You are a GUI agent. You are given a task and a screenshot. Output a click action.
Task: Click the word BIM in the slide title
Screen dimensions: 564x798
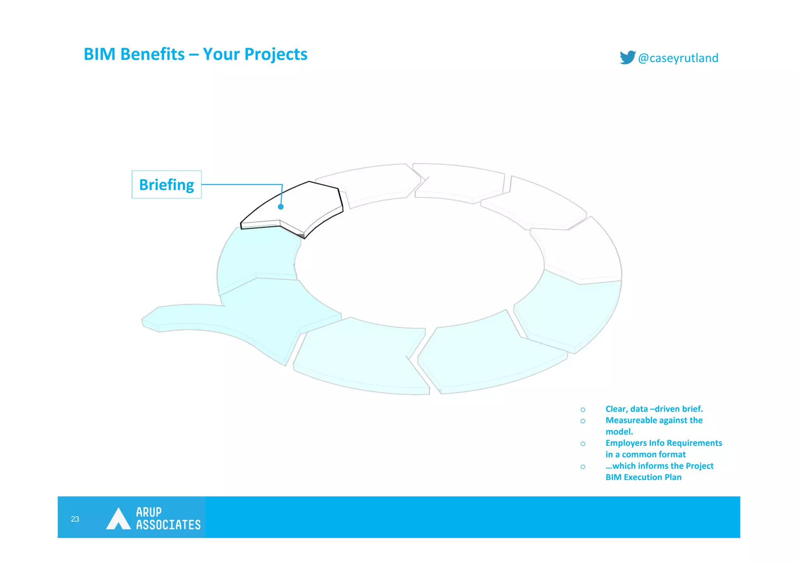(99, 54)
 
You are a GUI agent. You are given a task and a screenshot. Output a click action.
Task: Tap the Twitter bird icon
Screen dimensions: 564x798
(627, 57)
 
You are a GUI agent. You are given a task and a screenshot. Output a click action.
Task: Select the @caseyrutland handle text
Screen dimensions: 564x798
(678, 58)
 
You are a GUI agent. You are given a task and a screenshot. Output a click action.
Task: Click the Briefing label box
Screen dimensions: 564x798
(166, 185)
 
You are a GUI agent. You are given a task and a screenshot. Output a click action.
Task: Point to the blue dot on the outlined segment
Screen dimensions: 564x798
(281, 207)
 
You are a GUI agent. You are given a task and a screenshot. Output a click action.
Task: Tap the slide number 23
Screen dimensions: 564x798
(75, 519)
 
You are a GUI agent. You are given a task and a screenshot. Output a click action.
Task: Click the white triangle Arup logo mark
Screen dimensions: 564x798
(118, 519)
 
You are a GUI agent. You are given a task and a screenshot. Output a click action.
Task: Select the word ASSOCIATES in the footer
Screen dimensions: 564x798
(168, 525)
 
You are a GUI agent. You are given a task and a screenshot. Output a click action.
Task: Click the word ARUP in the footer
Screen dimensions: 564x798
(149, 512)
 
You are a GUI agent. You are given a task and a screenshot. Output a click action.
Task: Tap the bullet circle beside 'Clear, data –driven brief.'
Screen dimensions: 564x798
(583, 410)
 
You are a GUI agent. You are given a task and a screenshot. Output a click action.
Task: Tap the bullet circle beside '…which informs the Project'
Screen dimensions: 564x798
(583, 467)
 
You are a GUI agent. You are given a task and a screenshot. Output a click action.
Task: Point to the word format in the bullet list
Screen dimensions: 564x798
(673, 454)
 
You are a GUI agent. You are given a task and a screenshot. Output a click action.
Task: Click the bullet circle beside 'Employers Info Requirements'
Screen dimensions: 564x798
(583, 444)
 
